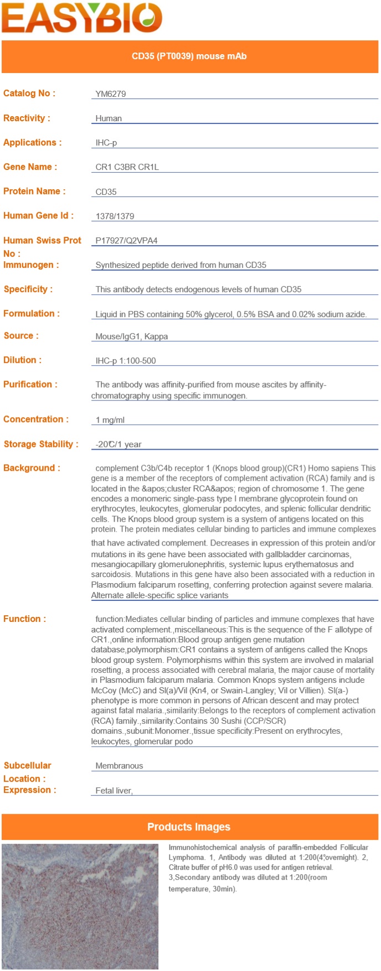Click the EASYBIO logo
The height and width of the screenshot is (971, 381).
tap(81, 18)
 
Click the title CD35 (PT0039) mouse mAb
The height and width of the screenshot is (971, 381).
tap(189, 56)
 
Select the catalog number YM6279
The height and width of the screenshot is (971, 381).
tap(111, 94)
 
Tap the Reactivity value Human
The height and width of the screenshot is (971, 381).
tap(109, 118)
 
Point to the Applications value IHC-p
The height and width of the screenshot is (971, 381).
tap(106, 143)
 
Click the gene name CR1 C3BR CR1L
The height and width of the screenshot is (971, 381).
tap(127, 167)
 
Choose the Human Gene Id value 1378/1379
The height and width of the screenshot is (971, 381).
tap(115, 216)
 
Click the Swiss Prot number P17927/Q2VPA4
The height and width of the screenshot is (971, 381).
tap(126, 241)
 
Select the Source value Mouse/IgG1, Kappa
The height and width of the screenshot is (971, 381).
tap(132, 336)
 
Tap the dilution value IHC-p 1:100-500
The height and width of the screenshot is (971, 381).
tap(126, 361)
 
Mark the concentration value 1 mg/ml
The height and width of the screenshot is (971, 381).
tap(110, 420)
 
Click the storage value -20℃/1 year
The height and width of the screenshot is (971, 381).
tap(119, 444)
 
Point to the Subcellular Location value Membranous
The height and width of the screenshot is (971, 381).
tap(119, 766)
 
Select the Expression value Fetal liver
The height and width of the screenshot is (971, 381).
tap(114, 791)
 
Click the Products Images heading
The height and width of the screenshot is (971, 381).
tap(189, 827)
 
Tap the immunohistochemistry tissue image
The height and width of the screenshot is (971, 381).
tap(80, 906)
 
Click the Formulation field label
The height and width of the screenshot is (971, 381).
tap(32, 314)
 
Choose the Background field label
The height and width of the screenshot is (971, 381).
tap(32, 468)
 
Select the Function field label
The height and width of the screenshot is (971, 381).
tap(25, 619)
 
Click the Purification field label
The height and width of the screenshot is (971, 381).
tap(30, 385)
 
